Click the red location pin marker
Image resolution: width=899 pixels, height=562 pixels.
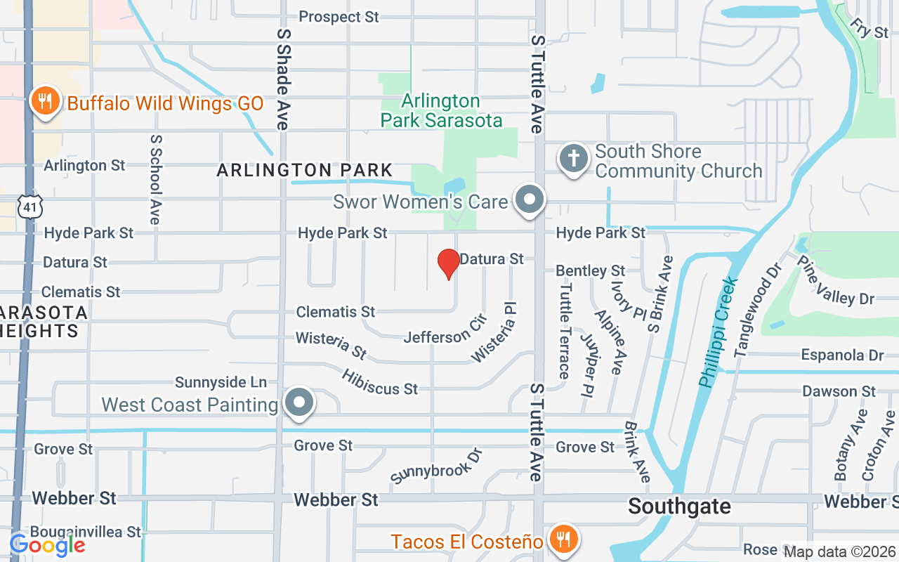[448, 264]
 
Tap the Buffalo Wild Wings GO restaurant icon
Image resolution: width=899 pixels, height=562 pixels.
[46, 102]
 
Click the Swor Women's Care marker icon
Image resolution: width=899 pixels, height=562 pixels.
[530, 200]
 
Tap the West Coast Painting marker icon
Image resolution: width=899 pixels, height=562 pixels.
[300, 403]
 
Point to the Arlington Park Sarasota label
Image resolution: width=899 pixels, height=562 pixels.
[441, 111]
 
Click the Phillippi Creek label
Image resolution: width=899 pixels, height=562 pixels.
[718, 331]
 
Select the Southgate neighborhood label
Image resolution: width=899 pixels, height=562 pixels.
[679, 507]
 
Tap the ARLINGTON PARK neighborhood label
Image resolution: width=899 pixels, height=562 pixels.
[304, 170]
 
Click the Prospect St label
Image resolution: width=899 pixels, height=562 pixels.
[339, 17]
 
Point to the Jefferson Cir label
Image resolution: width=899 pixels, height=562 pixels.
[445, 329]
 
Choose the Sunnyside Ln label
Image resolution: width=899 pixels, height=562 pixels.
[221, 382]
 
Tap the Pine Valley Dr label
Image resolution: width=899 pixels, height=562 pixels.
[836, 280]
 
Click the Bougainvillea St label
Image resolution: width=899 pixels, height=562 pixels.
[85, 532]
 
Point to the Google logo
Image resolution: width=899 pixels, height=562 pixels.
[47, 544]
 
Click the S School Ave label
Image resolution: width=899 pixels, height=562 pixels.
[155, 179]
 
